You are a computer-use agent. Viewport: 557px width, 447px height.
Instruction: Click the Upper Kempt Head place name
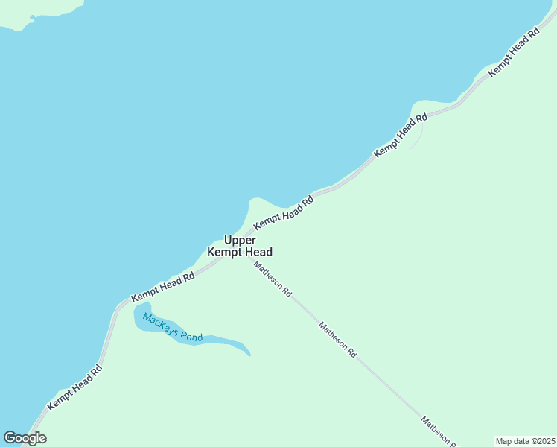240,246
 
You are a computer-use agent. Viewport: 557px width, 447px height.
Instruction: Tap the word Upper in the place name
240,240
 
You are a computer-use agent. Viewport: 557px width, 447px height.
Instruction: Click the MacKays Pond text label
173,328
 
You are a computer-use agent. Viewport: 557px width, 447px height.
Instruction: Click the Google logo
25,438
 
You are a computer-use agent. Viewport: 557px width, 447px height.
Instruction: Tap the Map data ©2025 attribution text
526,441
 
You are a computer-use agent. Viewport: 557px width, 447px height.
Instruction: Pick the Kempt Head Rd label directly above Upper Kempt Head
284,213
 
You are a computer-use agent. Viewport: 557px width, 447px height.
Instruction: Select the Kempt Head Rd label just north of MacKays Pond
162,288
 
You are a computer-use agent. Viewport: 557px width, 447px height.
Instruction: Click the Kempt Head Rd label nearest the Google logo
74,387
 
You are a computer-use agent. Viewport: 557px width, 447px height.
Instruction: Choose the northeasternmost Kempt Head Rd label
513,53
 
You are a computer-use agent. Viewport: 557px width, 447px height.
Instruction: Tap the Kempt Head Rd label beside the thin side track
401,135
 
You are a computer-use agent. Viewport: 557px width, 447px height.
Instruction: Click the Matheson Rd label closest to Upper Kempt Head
272,279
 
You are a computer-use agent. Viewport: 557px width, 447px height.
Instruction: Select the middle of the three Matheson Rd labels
338,340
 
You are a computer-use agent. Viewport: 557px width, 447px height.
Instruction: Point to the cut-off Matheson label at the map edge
439,431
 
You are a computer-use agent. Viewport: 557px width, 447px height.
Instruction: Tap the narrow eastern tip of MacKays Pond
246,352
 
